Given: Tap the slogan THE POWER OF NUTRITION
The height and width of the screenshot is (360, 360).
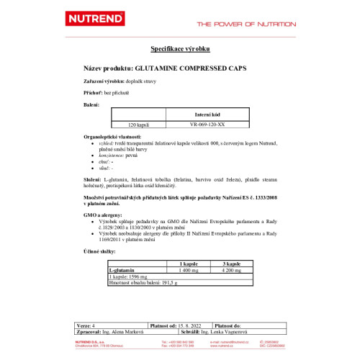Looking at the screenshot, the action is coord(246,24).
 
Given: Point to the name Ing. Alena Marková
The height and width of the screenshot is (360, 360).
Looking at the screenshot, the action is coord(125,331).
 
